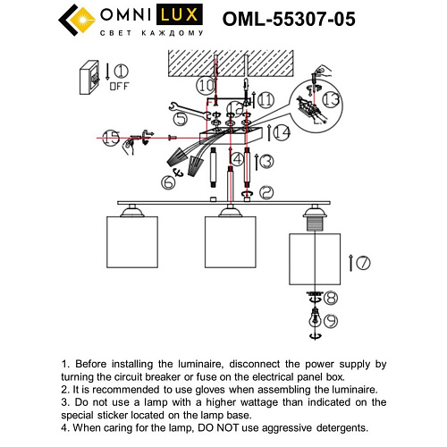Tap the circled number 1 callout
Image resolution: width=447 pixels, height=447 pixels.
pos(120,72)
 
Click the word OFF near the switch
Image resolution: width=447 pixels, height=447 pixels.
pos(118,87)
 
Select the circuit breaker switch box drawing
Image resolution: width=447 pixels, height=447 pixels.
pos(89,78)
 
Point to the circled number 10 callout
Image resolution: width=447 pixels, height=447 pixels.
pos(207,86)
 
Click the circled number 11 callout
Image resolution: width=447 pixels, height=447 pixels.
pos(266,101)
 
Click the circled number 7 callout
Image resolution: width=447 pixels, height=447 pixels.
pos(363,263)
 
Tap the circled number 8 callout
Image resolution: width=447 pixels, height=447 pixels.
pos(331,298)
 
